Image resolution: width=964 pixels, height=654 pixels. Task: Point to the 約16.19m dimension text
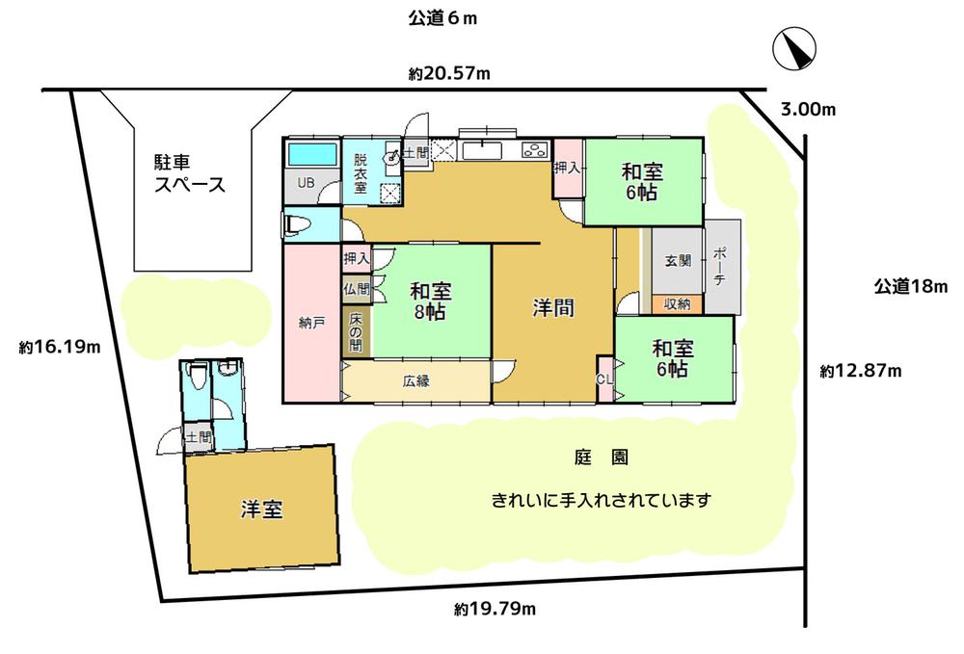point(59,347)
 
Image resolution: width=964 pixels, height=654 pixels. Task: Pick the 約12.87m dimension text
point(860,370)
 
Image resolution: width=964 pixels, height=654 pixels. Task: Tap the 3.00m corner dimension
point(808,110)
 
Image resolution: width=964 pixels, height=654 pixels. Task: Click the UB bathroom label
point(306,182)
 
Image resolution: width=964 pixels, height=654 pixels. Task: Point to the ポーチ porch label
point(722,266)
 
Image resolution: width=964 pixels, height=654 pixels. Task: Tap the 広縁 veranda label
point(416,380)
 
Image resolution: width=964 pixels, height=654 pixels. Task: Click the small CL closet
point(605,379)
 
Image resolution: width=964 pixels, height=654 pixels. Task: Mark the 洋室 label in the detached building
point(261,510)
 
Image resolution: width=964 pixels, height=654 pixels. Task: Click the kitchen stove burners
point(534,150)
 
